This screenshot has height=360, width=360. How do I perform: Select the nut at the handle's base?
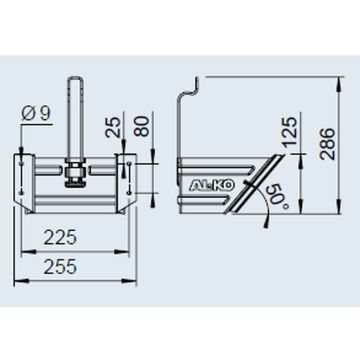(75, 178)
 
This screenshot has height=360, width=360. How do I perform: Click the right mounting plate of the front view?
(127, 175)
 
